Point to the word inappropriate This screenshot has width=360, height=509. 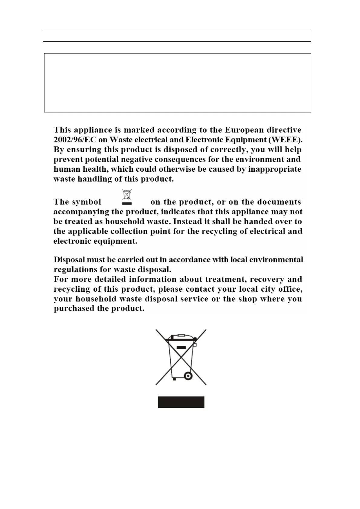click(274, 169)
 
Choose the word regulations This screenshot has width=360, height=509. click(73, 269)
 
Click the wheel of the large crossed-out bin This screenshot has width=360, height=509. click(188, 376)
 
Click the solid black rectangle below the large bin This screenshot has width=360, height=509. click(181, 402)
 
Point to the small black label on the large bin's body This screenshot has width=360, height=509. click(181, 347)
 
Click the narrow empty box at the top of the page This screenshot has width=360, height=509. click(177, 36)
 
